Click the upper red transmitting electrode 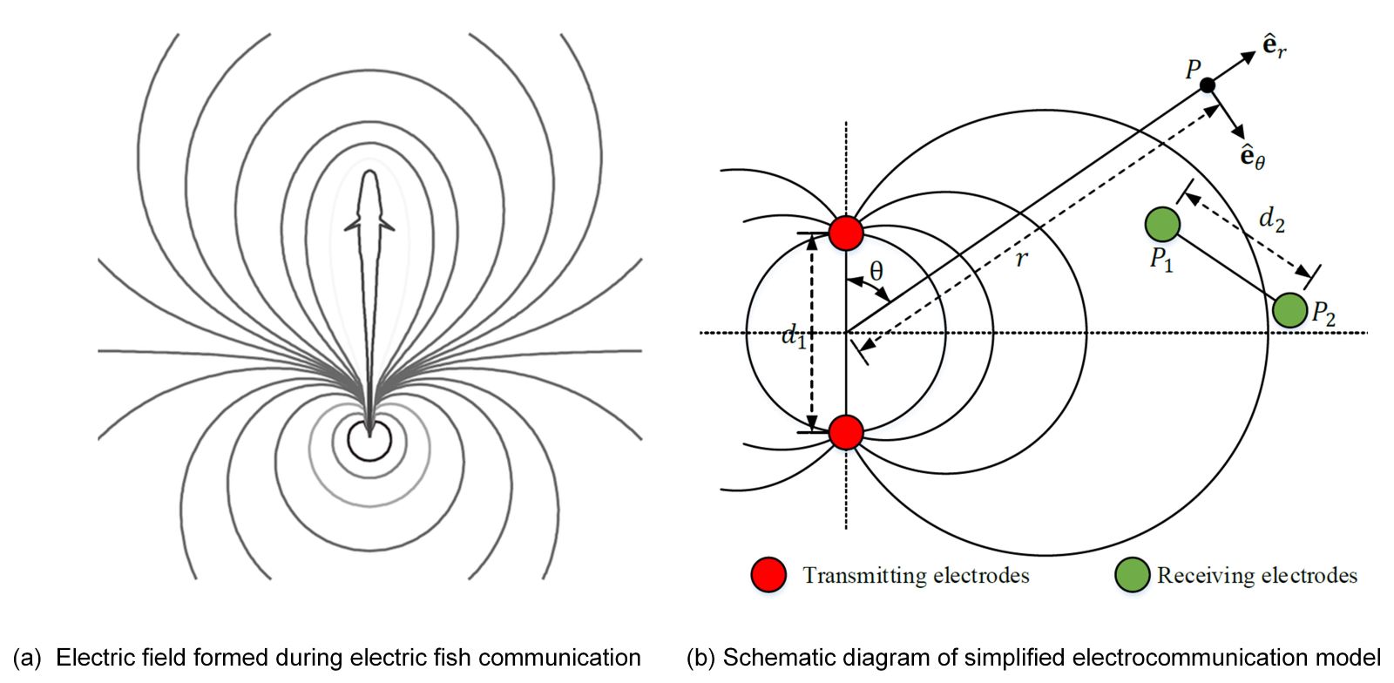tap(845, 233)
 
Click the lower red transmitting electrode tap(845, 432)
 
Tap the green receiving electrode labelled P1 tap(1161, 224)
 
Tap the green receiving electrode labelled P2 tap(1289, 310)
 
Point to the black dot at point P tap(1207, 85)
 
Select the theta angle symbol tap(876, 272)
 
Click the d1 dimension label tap(793, 335)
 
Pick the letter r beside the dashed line tap(1021, 258)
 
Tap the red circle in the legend tap(768, 575)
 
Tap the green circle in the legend tap(1132, 575)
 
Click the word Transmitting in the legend tap(864, 576)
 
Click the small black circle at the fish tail tap(369, 440)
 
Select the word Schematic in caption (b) tap(764, 658)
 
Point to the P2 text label tap(1323, 314)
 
